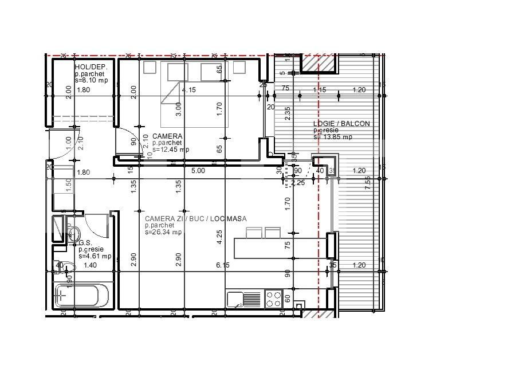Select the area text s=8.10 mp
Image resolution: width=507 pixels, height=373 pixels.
tap(91, 80)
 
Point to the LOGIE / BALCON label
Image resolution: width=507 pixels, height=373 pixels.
tap(341, 124)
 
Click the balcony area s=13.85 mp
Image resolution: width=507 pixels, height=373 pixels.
tap(332, 137)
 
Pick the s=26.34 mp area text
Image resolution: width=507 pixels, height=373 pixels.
tap(163, 232)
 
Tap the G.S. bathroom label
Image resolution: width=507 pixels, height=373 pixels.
tap(74, 243)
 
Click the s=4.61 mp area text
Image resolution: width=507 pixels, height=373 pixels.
tap(95, 256)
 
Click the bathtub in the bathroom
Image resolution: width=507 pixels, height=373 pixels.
tap(81, 296)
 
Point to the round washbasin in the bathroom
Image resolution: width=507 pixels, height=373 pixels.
tap(73, 233)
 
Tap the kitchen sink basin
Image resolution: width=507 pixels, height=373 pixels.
tap(235, 299)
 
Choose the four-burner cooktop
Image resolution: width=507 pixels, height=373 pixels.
tap(274, 299)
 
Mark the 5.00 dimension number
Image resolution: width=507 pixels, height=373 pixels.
tap(198, 170)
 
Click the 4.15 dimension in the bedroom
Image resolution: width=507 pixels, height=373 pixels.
tap(188, 90)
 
